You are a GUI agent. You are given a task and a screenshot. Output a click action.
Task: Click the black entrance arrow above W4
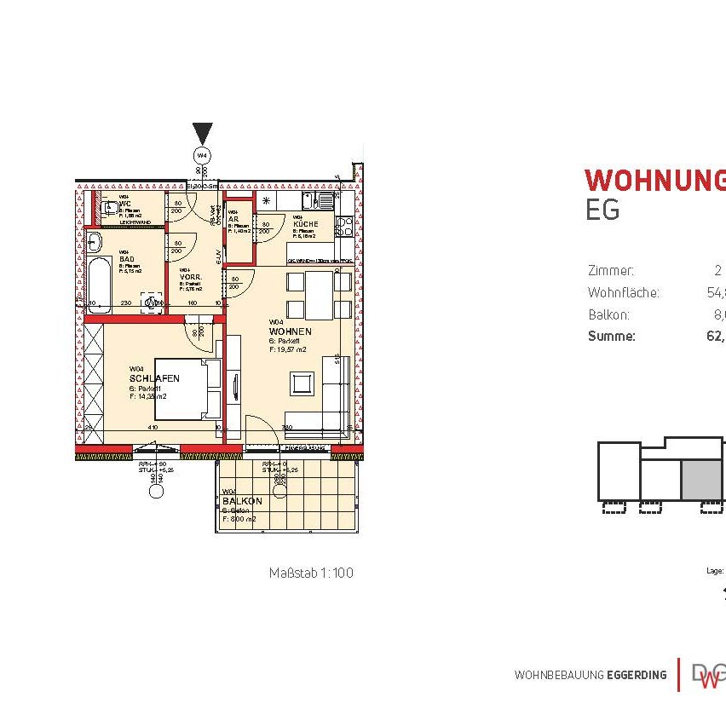tap(202, 134)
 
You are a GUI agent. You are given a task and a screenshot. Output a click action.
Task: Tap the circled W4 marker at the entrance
tap(202, 156)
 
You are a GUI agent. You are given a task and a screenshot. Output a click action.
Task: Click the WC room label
tap(124, 203)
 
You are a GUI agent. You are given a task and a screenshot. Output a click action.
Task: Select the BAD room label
tap(125, 261)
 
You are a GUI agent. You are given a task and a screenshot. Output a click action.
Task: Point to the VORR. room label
tap(189, 277)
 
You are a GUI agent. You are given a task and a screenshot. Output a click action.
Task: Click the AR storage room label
tap(233, 218)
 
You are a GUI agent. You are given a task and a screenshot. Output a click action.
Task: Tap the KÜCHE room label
tap(306, 223)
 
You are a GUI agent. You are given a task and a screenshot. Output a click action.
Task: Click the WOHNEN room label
tap(290, 331)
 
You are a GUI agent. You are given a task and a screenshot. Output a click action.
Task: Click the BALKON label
tap(242, 502)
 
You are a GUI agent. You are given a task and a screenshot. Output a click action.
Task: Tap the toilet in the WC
tap(108, 207)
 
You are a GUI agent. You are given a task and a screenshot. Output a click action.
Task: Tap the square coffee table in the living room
tap(302, 383)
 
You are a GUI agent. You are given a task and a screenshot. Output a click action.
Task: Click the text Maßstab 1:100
tap(310, 573)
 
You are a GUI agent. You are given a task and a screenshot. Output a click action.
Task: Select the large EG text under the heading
tap(602, 210)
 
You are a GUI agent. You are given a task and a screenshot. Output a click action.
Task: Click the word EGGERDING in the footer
tap(637, 675)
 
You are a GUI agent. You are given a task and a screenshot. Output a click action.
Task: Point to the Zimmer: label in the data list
tap(611, 271)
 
